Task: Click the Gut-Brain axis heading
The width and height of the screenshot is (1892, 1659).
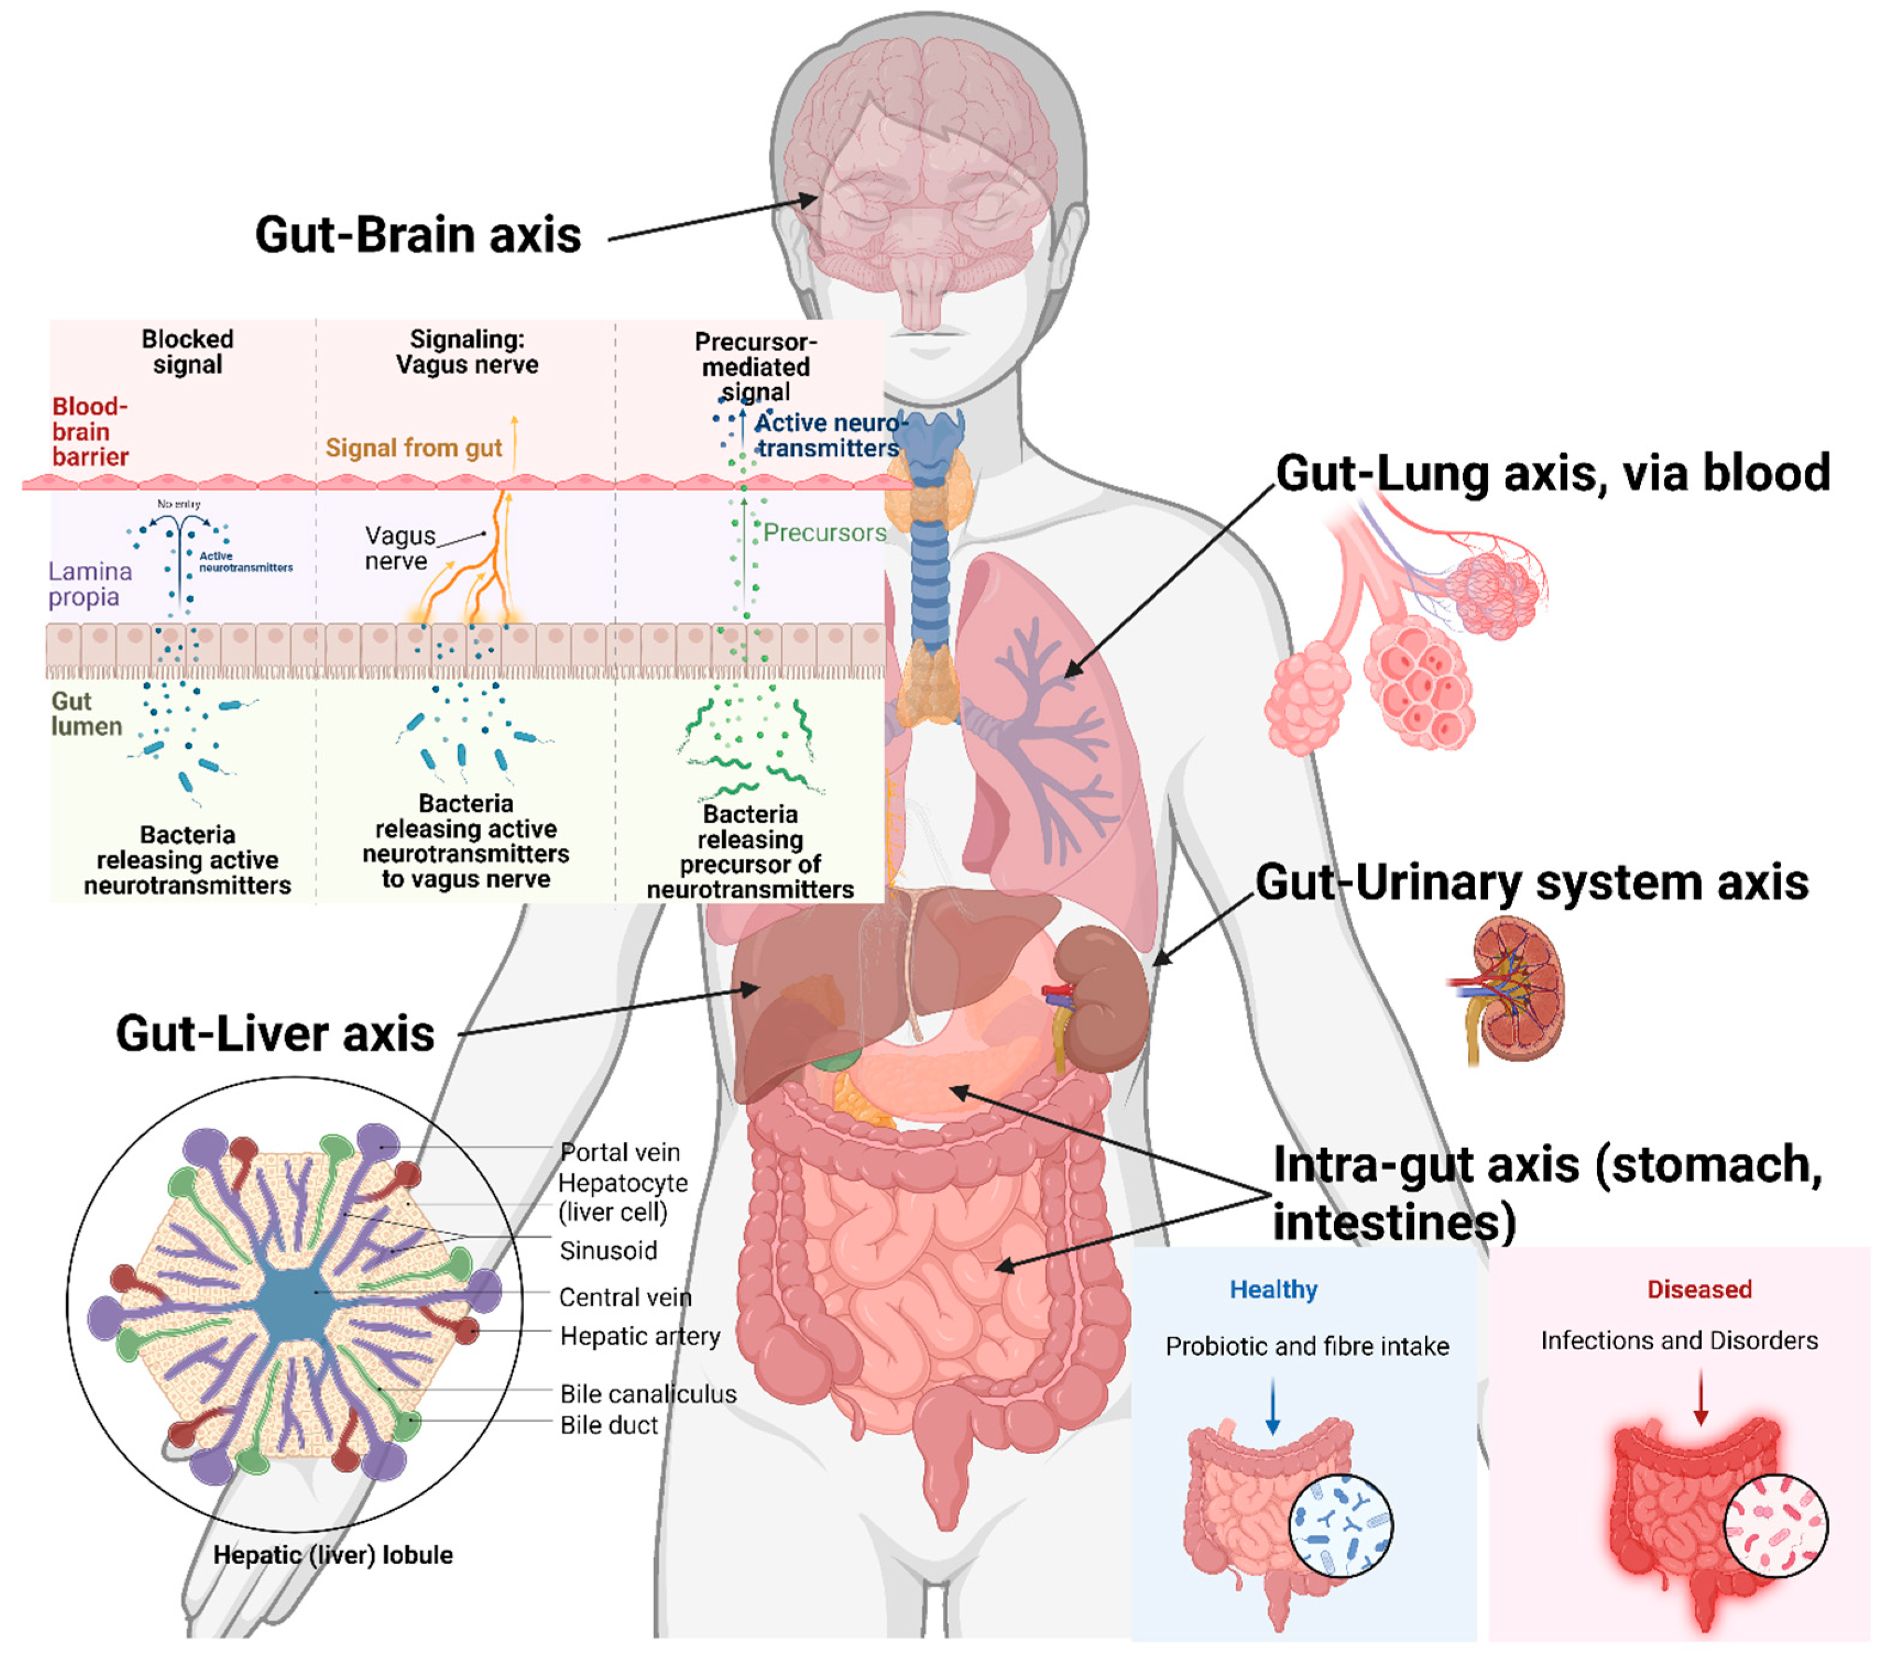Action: [x=418, y=235]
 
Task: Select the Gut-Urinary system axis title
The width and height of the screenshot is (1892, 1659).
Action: [x=1531, y=882]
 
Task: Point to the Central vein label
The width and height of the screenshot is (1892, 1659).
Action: [x=625, y=1297]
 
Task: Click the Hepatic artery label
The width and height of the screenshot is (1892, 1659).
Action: [x=640, y=1336]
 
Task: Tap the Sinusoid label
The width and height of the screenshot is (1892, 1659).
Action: [x=608, y=1251]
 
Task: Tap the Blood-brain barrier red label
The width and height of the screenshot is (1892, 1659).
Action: [x=90, y=431]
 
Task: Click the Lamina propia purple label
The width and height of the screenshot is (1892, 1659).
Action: [x=89, y=584]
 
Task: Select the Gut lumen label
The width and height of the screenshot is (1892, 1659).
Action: [x=85, y=714]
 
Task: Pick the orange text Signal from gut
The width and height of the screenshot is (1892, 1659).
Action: [x=413, y=448]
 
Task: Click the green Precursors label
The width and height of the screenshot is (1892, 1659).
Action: [x=824, y=533]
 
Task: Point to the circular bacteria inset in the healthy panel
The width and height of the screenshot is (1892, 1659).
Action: [x=1341, y=1525]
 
